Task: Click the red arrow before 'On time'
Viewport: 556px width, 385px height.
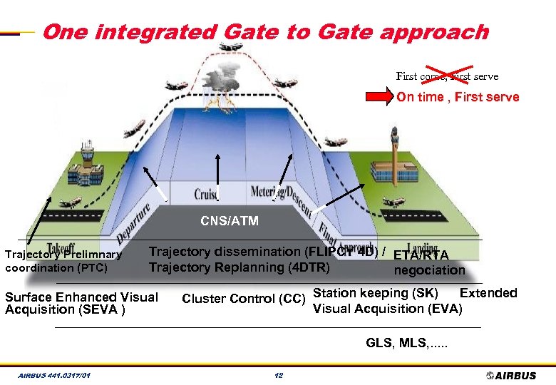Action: [385, 97]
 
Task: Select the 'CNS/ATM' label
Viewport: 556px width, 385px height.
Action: [230, 221]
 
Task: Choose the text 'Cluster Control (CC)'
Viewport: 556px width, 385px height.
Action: [243, 299]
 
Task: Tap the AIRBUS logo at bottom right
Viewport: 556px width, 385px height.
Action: [513, 375]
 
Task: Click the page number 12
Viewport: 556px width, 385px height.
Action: [279, 376]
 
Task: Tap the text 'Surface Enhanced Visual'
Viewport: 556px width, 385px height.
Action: [81, 297]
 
